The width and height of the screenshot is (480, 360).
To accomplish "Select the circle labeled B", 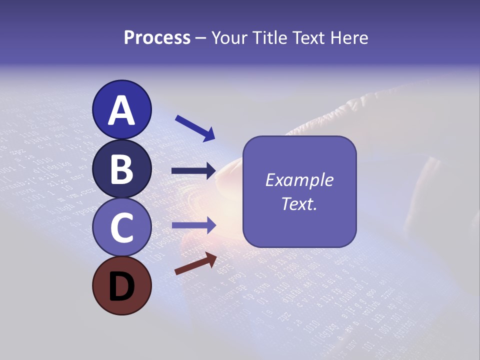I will pos(121,170).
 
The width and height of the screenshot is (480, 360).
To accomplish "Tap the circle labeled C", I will pos(121,227).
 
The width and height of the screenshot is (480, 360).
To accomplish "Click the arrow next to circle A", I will pos(195,128).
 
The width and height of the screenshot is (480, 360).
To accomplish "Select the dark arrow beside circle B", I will pos(193,171).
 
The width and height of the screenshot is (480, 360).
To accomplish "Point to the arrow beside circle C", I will pos(194,225).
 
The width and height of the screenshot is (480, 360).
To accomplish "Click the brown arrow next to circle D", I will pos(195,263).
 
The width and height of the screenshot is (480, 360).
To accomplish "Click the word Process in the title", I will pos(157,38).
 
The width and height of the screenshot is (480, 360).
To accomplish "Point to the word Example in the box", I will pos(299,180).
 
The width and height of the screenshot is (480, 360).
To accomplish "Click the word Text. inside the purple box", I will pos(299,204).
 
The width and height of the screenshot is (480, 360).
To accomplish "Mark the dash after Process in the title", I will pos(201,38).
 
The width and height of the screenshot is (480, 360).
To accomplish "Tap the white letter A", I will pos(121,111).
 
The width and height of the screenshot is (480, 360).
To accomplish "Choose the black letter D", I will pos(121,287).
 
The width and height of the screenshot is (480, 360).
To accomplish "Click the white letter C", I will pos(121,227).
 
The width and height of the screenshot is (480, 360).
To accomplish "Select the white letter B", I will pos(121,170).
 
